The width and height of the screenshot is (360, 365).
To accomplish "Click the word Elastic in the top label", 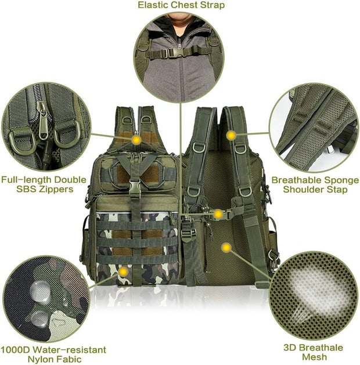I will click(x=153, y=5).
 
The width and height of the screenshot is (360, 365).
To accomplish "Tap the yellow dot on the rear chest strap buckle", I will click(x=217, y=215).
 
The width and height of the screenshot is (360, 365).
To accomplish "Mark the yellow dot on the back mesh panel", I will click(x=226, y=248).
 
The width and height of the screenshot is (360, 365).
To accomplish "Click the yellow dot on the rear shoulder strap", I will click(x=231, y=135).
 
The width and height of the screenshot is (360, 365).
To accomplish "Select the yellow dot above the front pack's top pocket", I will click(x=136, y=139).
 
